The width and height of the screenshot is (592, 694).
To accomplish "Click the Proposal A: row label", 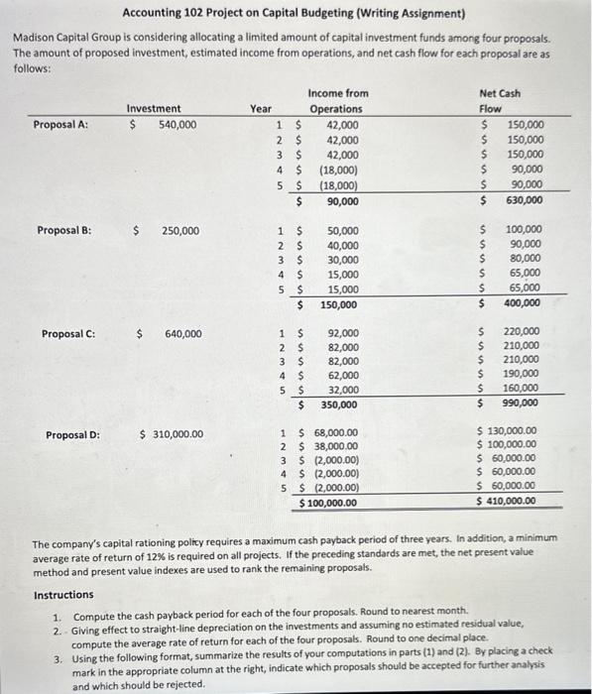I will point(60,124).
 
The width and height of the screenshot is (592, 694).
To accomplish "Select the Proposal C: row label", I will point(66,333).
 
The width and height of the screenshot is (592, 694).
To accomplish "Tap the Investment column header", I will point(154,108).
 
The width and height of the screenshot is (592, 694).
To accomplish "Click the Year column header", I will point(261,108).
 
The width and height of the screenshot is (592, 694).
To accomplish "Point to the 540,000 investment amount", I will point(177,124).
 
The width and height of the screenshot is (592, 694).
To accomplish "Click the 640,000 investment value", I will point(182,333).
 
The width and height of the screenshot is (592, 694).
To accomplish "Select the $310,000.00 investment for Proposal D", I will point(174,434).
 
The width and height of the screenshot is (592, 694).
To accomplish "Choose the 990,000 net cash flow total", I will point(522,404).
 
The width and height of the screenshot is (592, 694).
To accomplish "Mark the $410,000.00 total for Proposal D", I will point(507,501).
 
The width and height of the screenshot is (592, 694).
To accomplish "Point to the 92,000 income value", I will point(343,333).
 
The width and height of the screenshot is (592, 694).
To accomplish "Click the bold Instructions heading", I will point(63,595).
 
